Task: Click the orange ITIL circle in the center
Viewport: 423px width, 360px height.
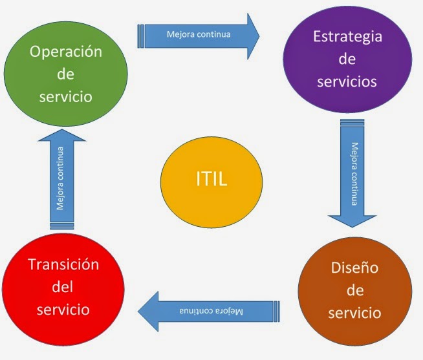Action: point(211,178)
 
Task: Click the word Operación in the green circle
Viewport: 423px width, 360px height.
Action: point(66,52)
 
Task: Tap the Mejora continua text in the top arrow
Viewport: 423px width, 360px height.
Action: point(198,33)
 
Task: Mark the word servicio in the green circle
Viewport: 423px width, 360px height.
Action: point(65,96)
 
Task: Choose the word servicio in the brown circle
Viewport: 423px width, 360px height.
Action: point(354,313)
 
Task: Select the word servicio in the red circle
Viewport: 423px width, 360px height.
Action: point(62,310)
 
